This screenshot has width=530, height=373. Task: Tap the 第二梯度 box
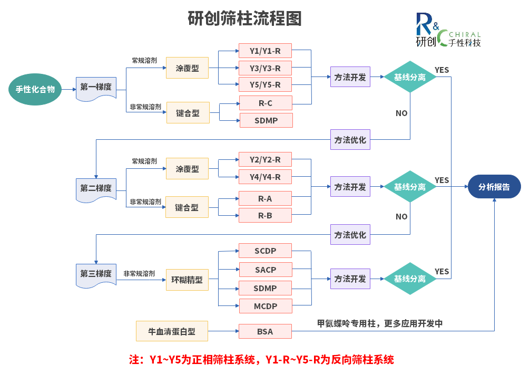(x=96, y=188)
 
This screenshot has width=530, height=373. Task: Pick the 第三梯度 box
(x=96, y=274)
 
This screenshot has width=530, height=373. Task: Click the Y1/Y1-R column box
(x=265, y=51)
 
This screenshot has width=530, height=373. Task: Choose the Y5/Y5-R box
(x=265, y=85)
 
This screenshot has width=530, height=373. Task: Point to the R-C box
(x=265, y=103)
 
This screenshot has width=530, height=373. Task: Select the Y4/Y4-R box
(x=265, y=177)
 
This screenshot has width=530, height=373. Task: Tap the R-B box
(x=265, y=215)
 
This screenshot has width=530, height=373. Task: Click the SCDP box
(x=265, y=251)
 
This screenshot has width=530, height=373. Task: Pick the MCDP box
(x=265, y=307)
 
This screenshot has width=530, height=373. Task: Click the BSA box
(x=265, y=331)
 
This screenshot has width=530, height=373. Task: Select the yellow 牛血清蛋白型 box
(x=172, y=331)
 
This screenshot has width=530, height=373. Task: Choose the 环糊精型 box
(x=187, y=280)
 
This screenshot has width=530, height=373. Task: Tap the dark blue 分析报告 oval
(x=494, y=187)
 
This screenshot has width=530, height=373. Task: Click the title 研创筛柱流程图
(x=245, y=19)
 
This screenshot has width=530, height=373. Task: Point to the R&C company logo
(x=448, y=31)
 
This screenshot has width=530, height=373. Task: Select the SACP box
(x=265, y=270)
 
